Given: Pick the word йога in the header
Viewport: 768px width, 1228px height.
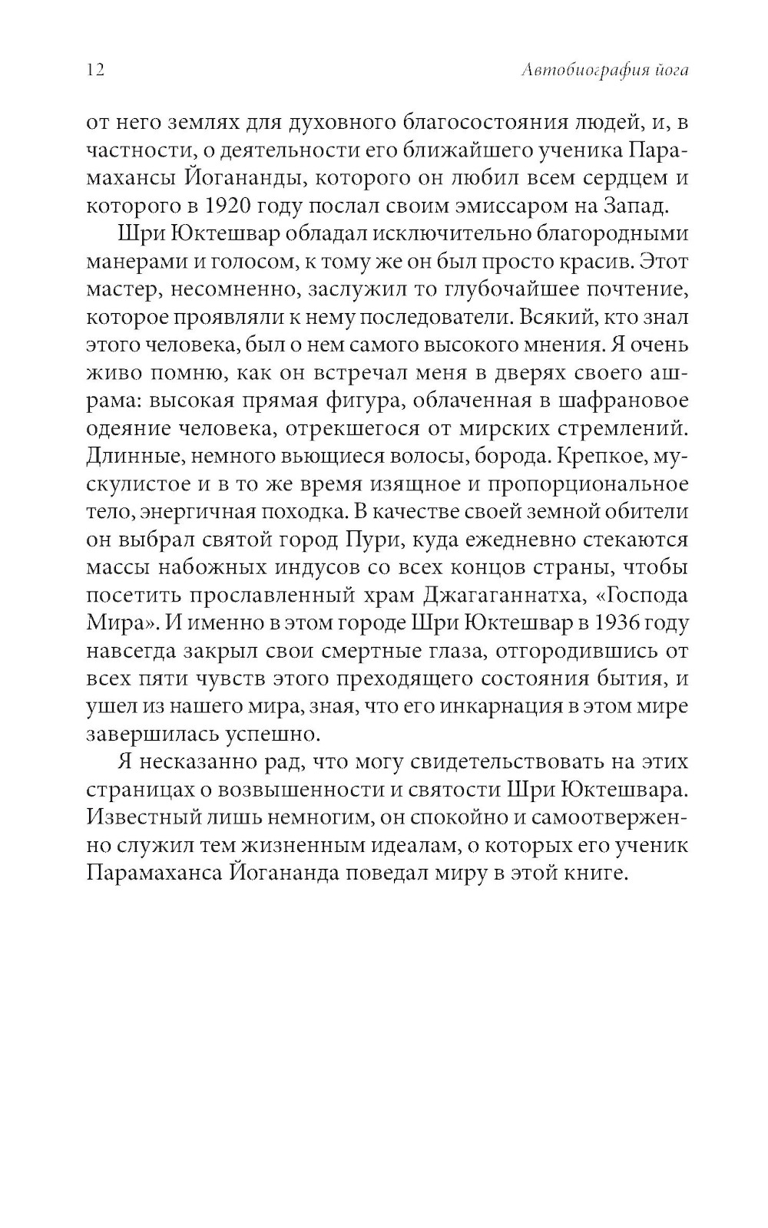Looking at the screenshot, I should (670, 71).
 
